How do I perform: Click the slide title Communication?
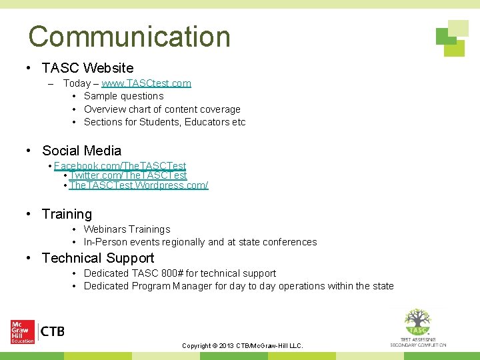coord(129,36)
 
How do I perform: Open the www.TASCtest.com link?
coord(146,83)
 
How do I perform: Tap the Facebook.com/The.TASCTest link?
coord(120,166)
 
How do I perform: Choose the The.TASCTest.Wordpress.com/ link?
coord(139,185)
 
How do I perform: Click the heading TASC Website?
coord(87,68)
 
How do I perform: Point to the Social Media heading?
coord(81,151)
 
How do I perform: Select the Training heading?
coord(67,214)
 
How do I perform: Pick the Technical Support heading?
coord(98,258)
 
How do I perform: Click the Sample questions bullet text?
coord(123,96)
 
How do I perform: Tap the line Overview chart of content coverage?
coord(162,109)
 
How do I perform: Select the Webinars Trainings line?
coord(127,229)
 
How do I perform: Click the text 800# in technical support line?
coord(172,273)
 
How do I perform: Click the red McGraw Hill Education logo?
coord(22,331)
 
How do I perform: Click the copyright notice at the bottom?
coord(243,346)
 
